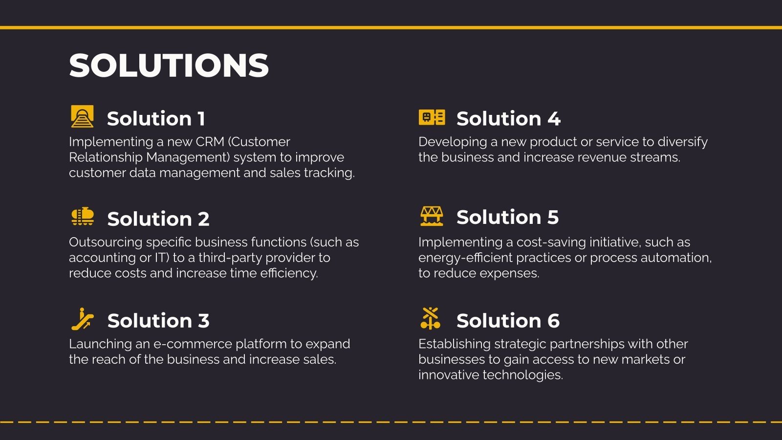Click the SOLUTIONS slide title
coord(169,66)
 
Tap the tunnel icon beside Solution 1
coord(82,116)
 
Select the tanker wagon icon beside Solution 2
coord(82,217)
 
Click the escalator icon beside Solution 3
coord(82,319)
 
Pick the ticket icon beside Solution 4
coord(432,117)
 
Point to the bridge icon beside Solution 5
coord(432,216)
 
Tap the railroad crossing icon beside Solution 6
coord(431,318)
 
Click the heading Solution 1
coord(156,119)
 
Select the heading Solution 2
coord(158,219)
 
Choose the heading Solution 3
coord(158,321)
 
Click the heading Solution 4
coord(508,119)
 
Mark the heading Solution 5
coord(507,218)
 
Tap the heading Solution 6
coord(508,321)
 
